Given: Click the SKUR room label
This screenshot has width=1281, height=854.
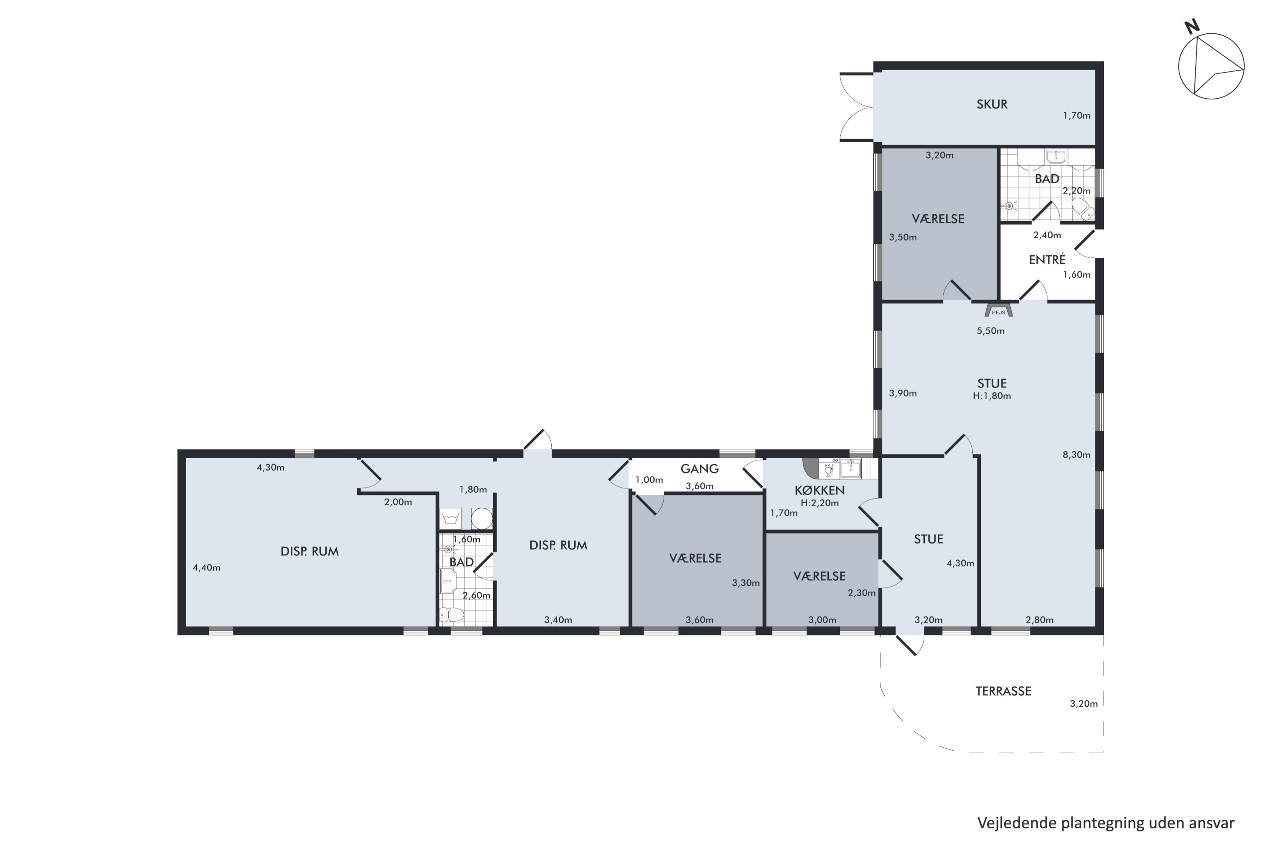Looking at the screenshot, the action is click(992, 104).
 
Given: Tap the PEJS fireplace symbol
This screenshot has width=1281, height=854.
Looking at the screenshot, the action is click(998, 310).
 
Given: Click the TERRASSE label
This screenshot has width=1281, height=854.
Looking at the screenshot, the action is click(1003, 691).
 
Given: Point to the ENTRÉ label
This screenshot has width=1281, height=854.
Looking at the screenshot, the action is click(1047, 260).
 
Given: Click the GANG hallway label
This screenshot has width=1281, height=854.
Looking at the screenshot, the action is click(699, 468).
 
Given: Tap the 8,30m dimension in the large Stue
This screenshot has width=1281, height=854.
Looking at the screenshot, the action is click(1076, 455).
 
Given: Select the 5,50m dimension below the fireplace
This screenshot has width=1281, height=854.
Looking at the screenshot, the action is click(990, 330).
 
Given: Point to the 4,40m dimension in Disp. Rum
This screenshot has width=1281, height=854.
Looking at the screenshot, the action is click(206, 567).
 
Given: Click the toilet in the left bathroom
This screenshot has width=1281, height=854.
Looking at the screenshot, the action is click(452, 615).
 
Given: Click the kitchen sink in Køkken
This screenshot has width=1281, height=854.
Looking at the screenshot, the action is click(851, 468).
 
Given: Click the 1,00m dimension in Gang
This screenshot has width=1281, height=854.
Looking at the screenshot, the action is click(649, 480).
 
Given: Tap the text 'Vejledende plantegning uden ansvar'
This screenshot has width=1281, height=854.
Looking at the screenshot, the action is click(1106, 823).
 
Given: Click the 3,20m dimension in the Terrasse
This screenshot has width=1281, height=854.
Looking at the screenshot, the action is click(1083, 703).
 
